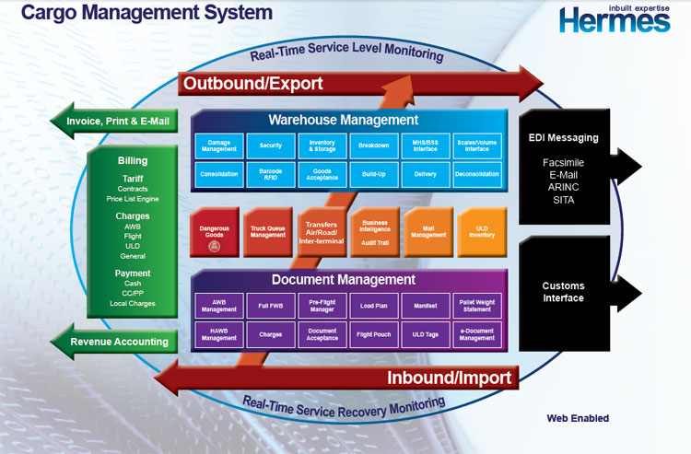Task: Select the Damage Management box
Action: click(x=219, y=146)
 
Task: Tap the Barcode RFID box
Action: click(x=271, y=174)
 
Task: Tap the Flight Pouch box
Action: click(x=374, y=335)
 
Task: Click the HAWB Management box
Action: click(x=219, y=335)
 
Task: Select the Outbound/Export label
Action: click(x=253, y=84)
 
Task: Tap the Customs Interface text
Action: click(x=563, y=292)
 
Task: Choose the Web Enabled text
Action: click(x=578, y=418)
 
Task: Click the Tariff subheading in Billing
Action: click(x=133, y=180)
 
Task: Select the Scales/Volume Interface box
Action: click(x=477, y=146)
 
